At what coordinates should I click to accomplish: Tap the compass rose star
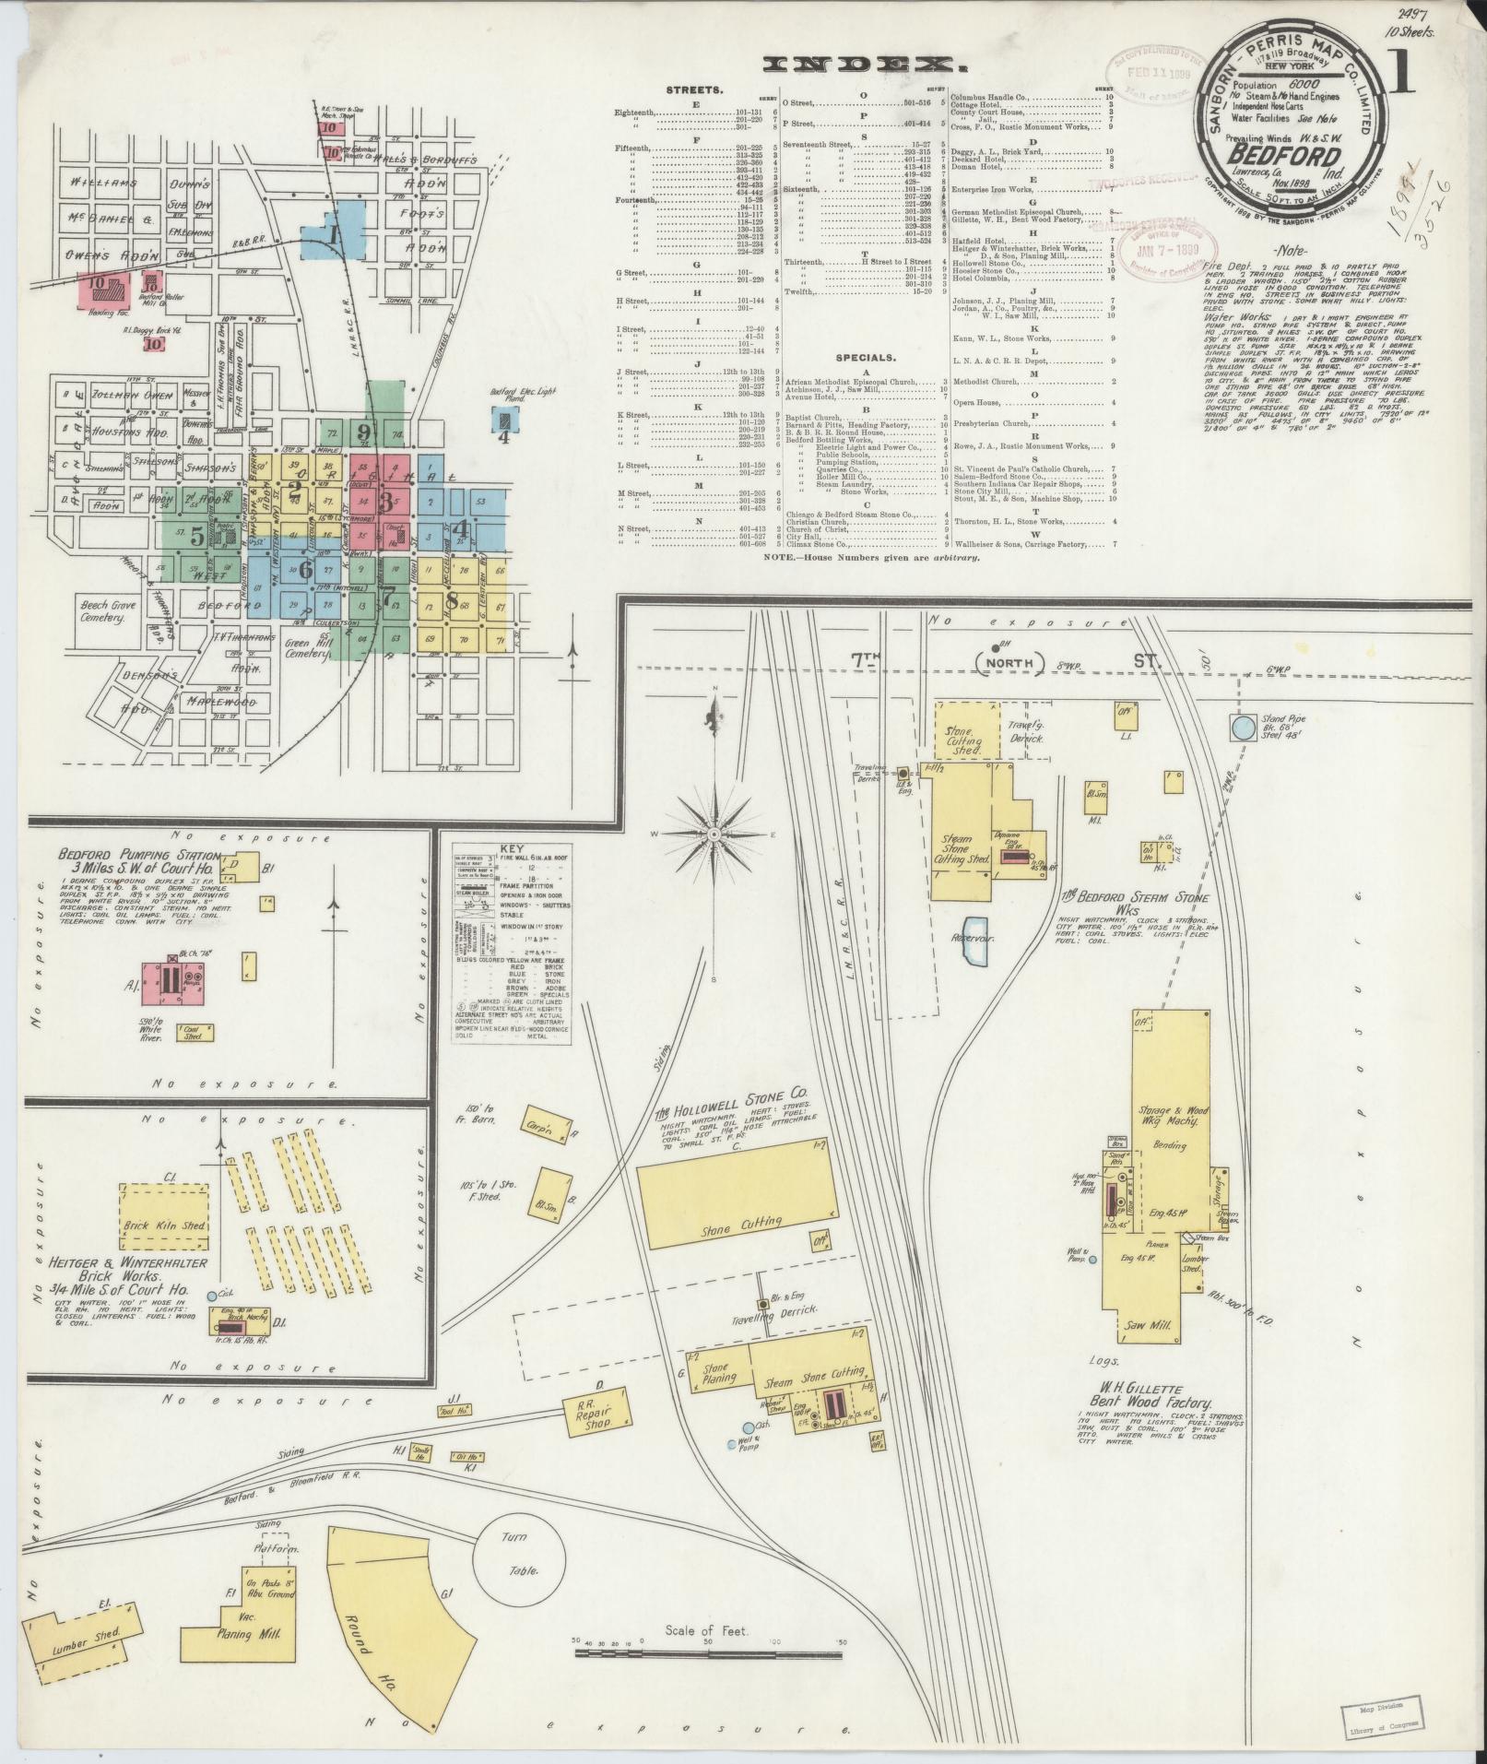click(x=714, y=834)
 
